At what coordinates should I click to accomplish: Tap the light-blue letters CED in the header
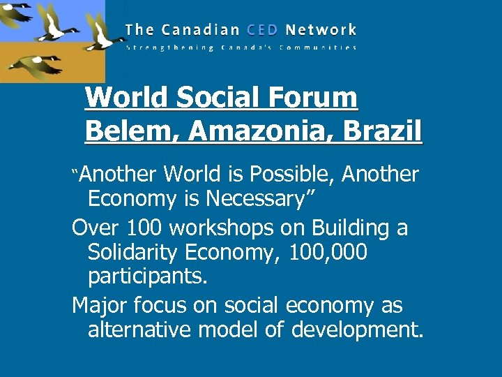[261, 30]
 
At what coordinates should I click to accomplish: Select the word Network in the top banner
[321, 30]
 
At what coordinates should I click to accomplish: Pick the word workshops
[220, 228]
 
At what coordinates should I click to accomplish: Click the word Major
[99, 305]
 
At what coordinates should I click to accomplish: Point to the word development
[356, 330]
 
